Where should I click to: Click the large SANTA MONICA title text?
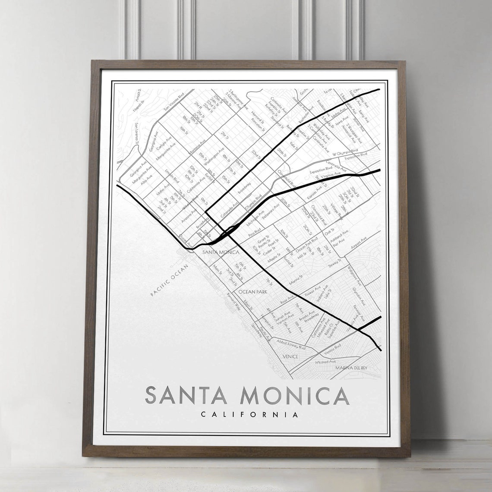(x=247, y=395)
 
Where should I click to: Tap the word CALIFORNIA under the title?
(x=249, y=415)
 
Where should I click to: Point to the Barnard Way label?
(x=233, y=303)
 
